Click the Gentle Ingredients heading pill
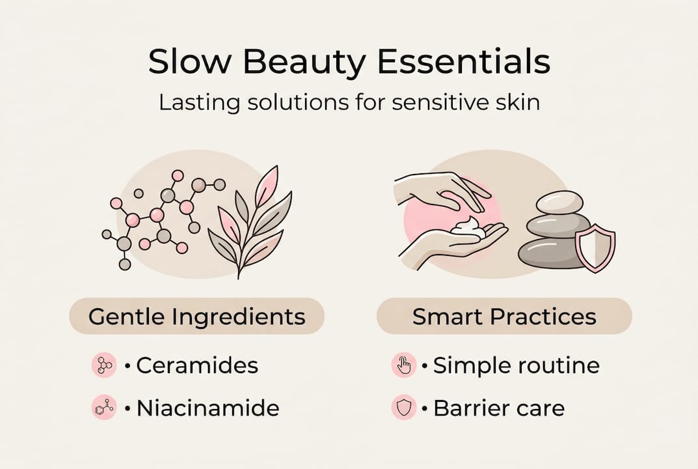[196, 317]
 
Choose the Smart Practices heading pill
[504, 317]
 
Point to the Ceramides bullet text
[197, 366]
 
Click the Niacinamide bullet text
[208, 408]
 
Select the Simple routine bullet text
[516, 366]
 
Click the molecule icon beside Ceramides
[104, 366]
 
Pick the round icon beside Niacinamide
[104, 408]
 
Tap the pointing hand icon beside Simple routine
[404, 366]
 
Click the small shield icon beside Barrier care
[404, 408]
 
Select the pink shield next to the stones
[595, 248]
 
